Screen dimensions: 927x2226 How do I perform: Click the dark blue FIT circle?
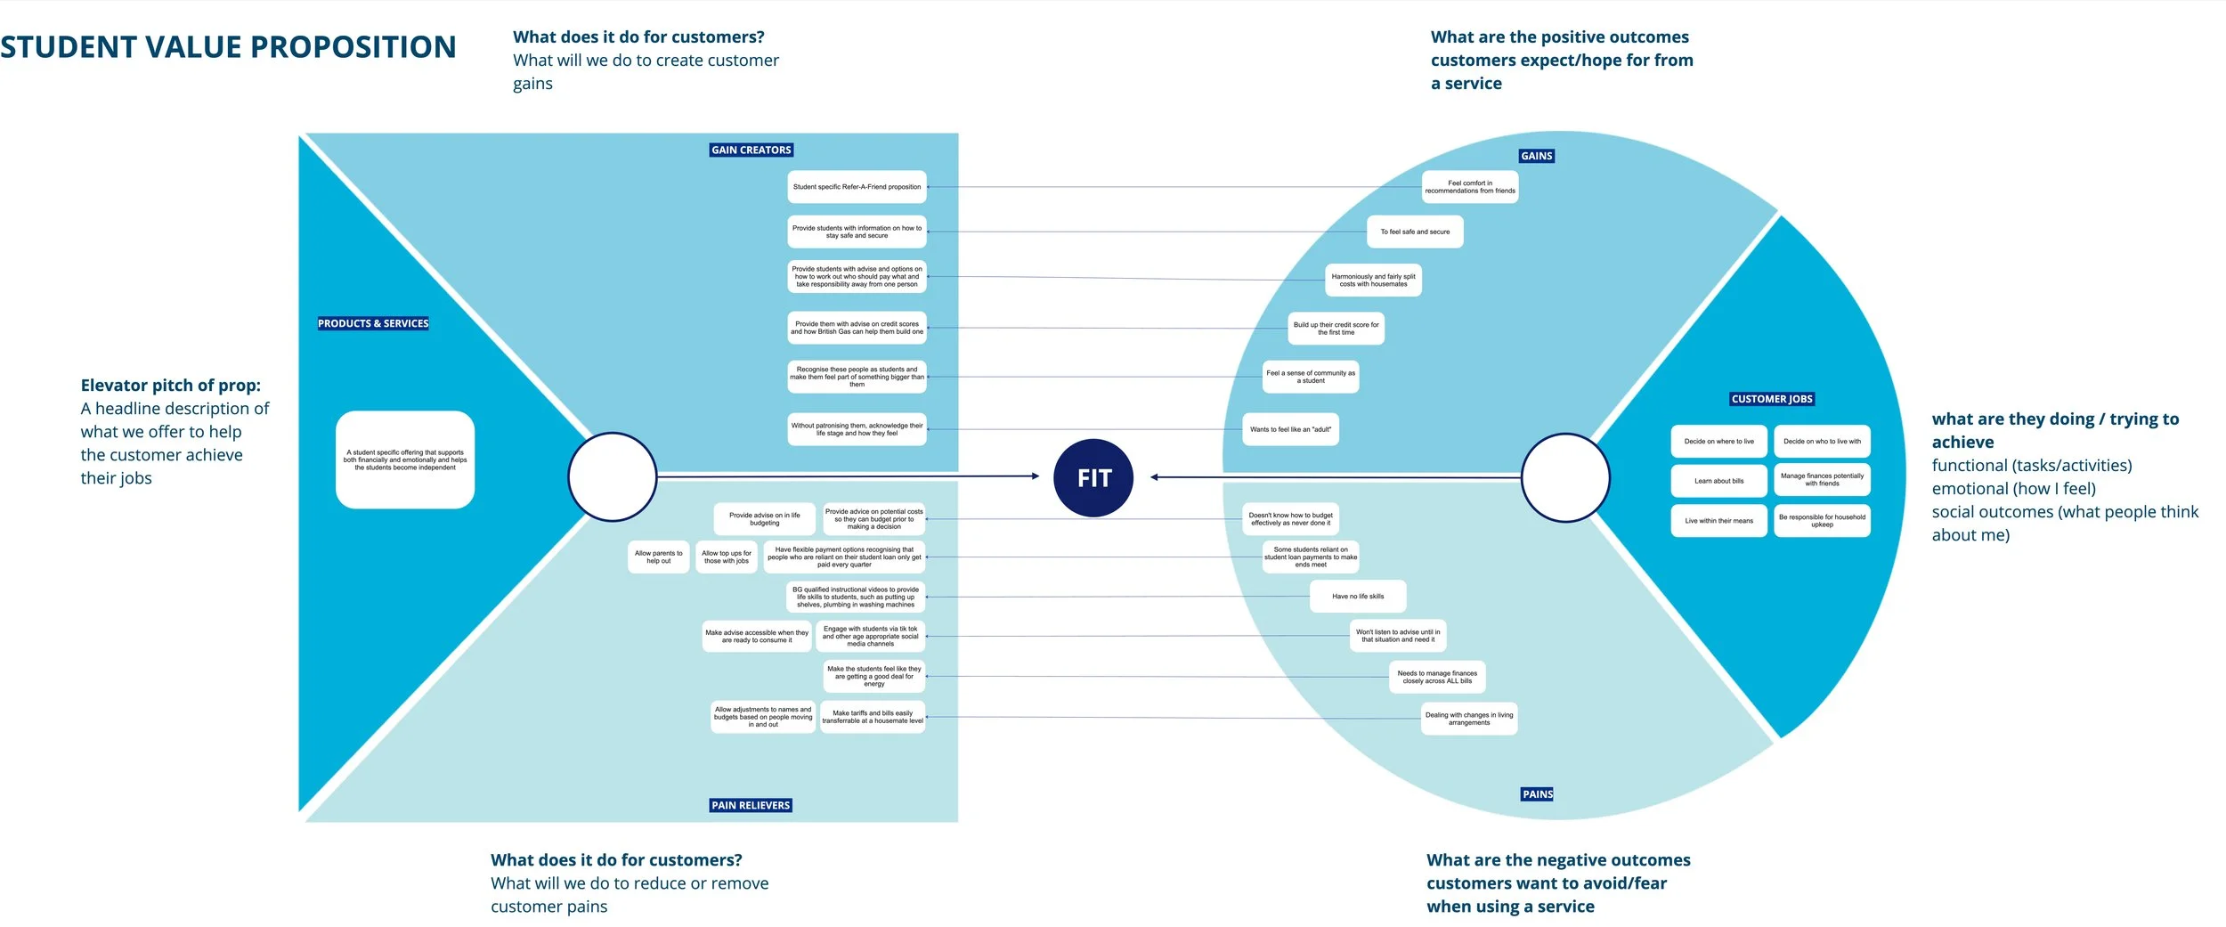(x=1093, y=478)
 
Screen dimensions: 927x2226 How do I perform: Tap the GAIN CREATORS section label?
(x=751, y=150)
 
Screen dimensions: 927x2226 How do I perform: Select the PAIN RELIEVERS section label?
(x=751, y=805)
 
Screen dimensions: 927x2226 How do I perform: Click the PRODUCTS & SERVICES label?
(x=373, y=323)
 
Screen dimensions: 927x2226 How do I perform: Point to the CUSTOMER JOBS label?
(x=1772, y=399)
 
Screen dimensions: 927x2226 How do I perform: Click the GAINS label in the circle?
(x=1536, y=156)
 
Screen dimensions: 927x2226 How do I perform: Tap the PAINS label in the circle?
(x=1537, y=793)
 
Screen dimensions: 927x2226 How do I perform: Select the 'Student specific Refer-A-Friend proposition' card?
(x=857, y=187)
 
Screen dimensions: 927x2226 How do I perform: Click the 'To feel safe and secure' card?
(x=1415, y=232)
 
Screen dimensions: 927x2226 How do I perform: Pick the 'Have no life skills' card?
(x=1358, y=596)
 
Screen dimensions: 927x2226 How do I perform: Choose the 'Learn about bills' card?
(x=1718, y=481)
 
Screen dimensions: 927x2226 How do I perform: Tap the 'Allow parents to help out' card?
(x=658, y=557)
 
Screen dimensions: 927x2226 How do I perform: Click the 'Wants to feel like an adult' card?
(x=1290, y=429)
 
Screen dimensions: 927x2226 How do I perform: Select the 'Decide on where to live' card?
(x=1718, y=441)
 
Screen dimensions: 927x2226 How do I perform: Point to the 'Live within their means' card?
(x=1718, y=521)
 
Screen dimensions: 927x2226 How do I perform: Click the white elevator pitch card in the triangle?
(x=405, y=459)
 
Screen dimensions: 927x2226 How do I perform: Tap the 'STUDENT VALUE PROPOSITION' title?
(x=228, y=46)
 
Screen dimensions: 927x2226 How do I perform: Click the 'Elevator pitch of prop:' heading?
(x=171, y=386)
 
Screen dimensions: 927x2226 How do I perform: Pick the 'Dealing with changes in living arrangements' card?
(x=1468, y=718)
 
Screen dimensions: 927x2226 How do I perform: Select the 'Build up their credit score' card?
(x=1336, y=329)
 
